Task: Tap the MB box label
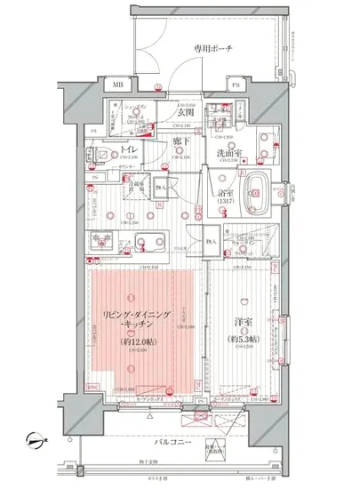(119, 85)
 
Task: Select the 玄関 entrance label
(186, 113)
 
